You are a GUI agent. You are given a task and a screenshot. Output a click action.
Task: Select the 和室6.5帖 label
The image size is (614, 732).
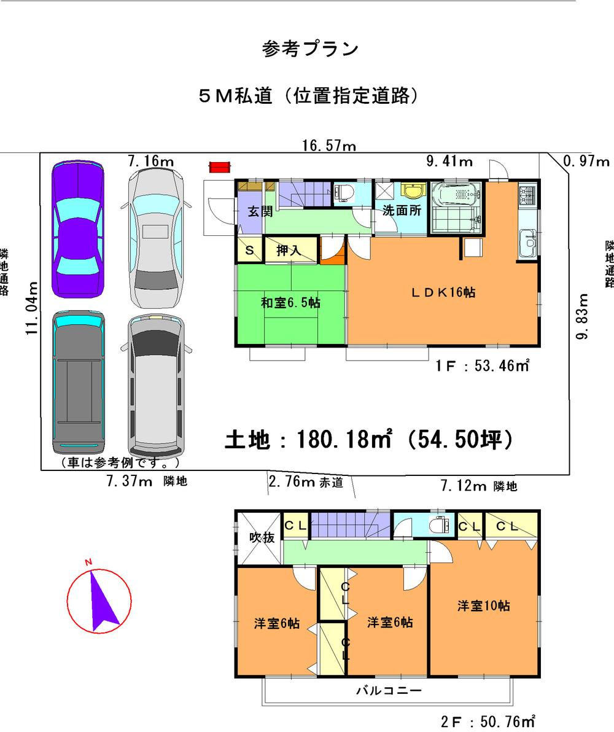(291, 302)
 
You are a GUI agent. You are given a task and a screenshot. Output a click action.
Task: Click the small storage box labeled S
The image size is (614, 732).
(249, 251)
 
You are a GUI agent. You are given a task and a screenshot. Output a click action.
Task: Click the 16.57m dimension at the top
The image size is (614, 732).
(329, 146)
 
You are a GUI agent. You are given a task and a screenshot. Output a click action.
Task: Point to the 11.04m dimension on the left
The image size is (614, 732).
(33, 307)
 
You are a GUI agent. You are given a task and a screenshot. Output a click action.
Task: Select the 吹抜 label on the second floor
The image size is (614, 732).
(261, 538)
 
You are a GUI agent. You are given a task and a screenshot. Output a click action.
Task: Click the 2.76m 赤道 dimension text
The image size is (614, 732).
(305, 482)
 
